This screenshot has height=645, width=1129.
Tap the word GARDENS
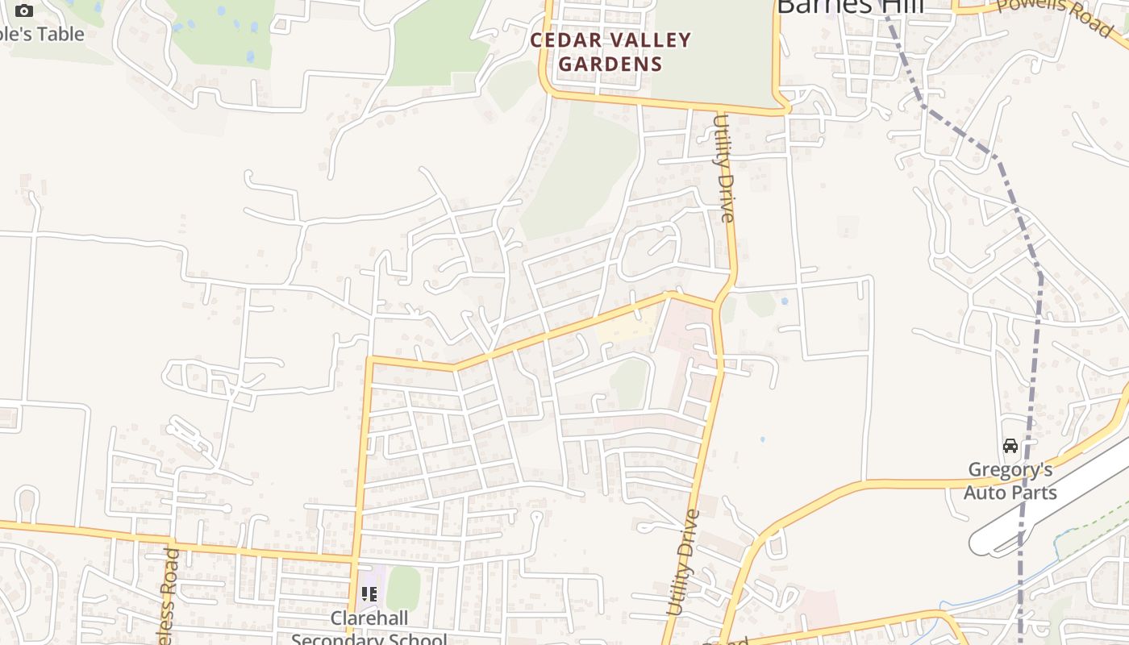610,64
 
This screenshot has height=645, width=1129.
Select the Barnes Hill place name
849,6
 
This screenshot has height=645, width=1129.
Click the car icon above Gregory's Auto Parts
1010,446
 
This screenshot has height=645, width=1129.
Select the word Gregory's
1010,469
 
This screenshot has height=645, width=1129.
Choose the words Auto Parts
1010,492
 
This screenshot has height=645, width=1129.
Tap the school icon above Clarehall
369,595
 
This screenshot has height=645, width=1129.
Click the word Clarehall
369,618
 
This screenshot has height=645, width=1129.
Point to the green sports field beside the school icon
403,589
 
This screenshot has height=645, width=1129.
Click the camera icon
24,10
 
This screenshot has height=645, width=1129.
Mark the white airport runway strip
1048,509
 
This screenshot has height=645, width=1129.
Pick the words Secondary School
369,639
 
